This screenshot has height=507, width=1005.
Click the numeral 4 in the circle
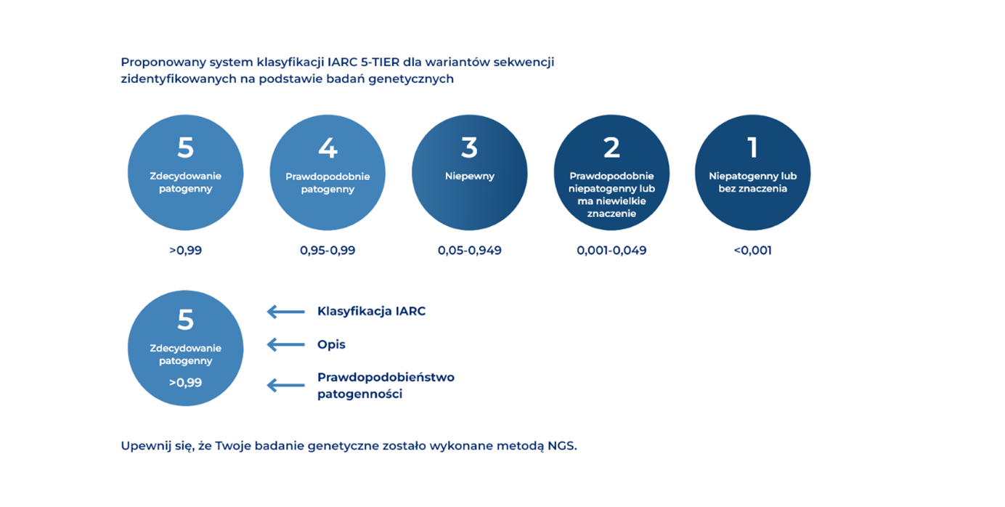(x=327, y=147)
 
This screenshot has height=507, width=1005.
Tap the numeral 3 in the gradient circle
(x=469, y=147)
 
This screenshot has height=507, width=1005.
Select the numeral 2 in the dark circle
(x=611, y=147)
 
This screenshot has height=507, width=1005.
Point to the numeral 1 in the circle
(x=752, y=147)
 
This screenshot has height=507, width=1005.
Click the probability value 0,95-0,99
(x=327, y=251)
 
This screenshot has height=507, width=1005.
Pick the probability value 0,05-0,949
(x=470, y=251)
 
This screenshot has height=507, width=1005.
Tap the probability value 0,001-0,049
(x=611, y=251)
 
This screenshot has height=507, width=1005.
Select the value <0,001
(x=752, y=251)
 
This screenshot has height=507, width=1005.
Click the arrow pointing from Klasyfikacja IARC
(x=286, y=312)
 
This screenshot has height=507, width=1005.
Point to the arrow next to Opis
(x=286, y=344)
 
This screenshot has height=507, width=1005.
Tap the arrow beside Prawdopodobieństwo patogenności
(x=286, y=385)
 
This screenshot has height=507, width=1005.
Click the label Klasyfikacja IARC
(x=372, y=312)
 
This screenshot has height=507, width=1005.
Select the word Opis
(x=331, y=344)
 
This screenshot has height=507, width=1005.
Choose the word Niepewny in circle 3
(x=470, y=177)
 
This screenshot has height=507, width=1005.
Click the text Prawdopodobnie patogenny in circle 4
(x=327, y=182)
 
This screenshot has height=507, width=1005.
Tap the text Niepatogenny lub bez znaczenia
(x=753, y=182)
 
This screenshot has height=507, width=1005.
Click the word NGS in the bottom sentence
(x=562, y=446)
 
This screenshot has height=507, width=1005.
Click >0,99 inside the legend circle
(x=185, y=383)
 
